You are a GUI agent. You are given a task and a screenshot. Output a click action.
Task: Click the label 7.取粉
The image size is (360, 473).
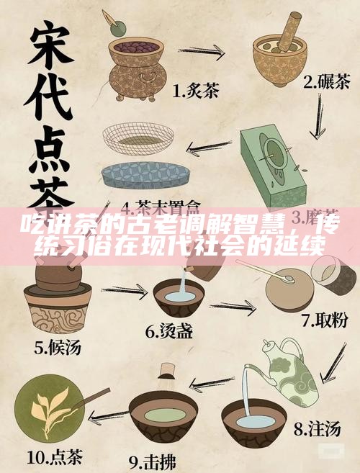click(325, 317)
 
